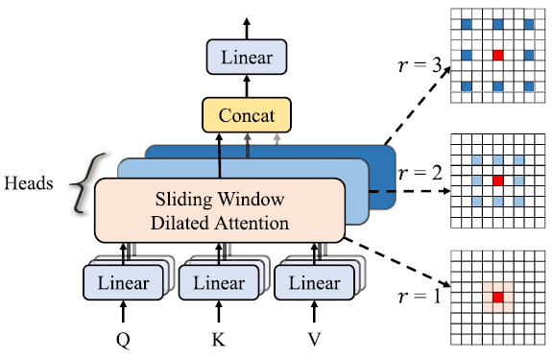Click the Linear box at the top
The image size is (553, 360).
point(247,58)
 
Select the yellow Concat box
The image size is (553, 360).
point(247,116)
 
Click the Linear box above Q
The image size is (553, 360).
point(124,283)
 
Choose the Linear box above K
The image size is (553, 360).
point(220,283)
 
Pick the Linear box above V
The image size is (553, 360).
point(314,283)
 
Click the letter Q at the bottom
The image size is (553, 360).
point(124,340)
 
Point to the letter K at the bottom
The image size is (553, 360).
point(220,340)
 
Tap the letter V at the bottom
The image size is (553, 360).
point(314,340)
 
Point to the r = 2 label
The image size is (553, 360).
point(421,175)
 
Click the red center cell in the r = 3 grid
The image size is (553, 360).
point(497,56)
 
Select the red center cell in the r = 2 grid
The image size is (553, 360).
point(497,180)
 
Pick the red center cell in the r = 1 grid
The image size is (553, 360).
point(497,300)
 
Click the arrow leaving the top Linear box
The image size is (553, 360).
point(247,27)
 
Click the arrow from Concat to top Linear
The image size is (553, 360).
point(247,87)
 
